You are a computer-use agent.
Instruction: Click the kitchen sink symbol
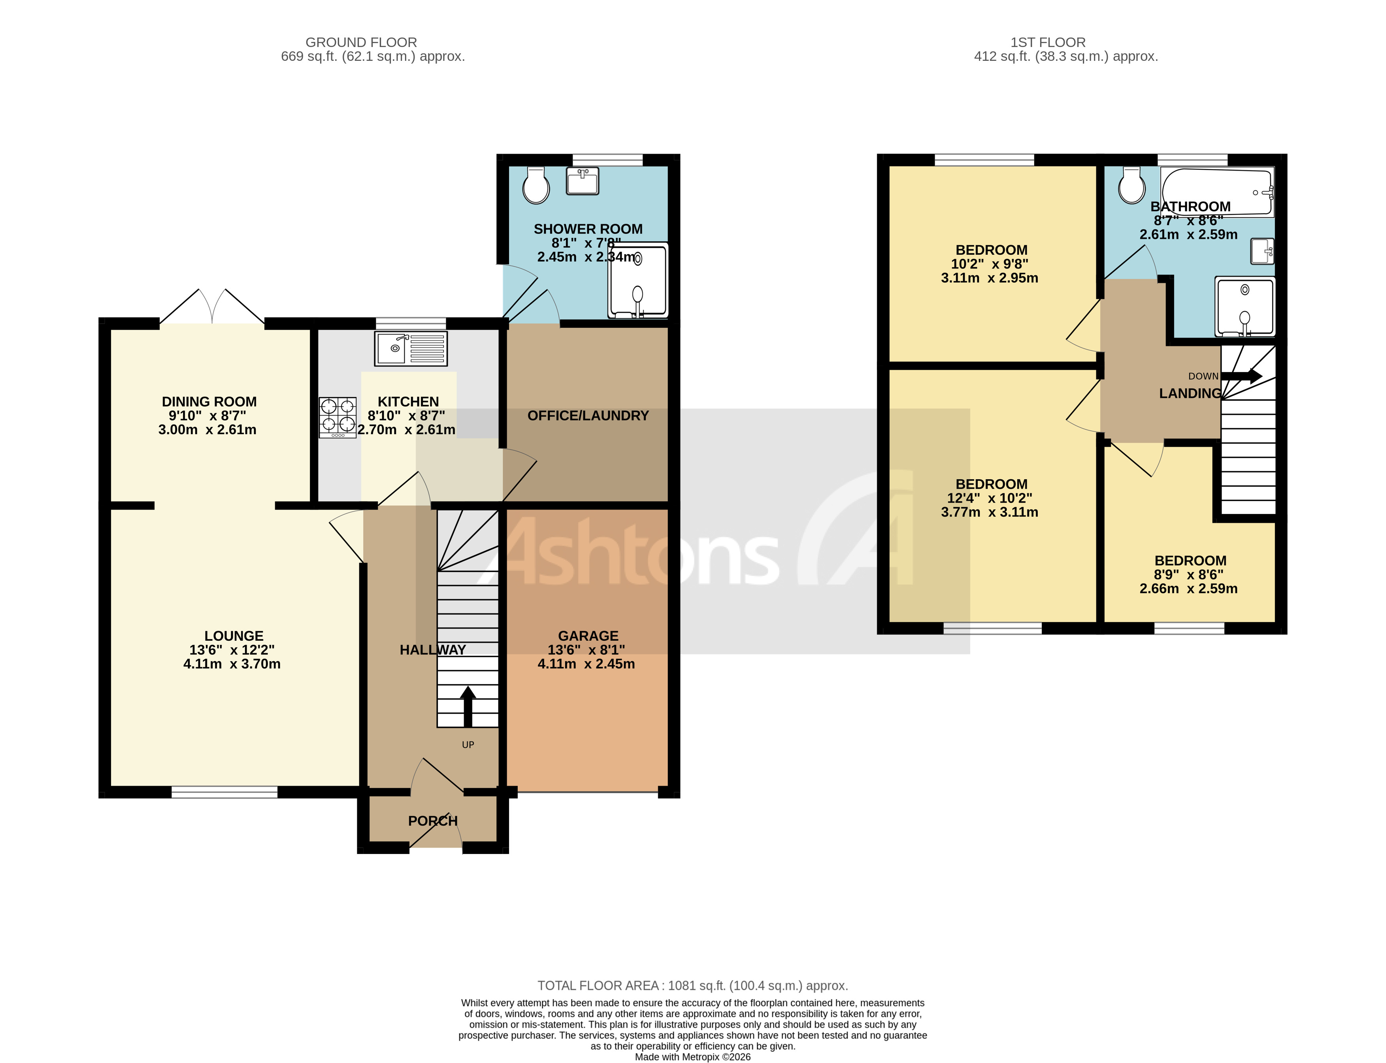tap(411, 349)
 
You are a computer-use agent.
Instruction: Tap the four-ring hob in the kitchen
tap(338, 417)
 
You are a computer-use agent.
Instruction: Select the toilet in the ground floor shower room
tap(536, 185)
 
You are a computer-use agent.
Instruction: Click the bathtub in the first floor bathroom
tap(1216, 192)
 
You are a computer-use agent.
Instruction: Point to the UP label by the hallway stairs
tap(468, 745)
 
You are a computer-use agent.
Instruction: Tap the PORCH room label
tap(432, 821)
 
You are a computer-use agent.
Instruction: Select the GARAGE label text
tap(588, 636)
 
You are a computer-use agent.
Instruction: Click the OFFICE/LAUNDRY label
tap(588, 416)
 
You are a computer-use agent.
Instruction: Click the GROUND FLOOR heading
tap(361, 42)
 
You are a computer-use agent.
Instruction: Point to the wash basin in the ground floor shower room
tap(582, 182)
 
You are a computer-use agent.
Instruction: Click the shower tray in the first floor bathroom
tap(1244, 307)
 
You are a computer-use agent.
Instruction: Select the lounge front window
tap(224, 792)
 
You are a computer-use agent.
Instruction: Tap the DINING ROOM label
tap(209, 402)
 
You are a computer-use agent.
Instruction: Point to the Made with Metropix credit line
tap(692, 1057)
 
